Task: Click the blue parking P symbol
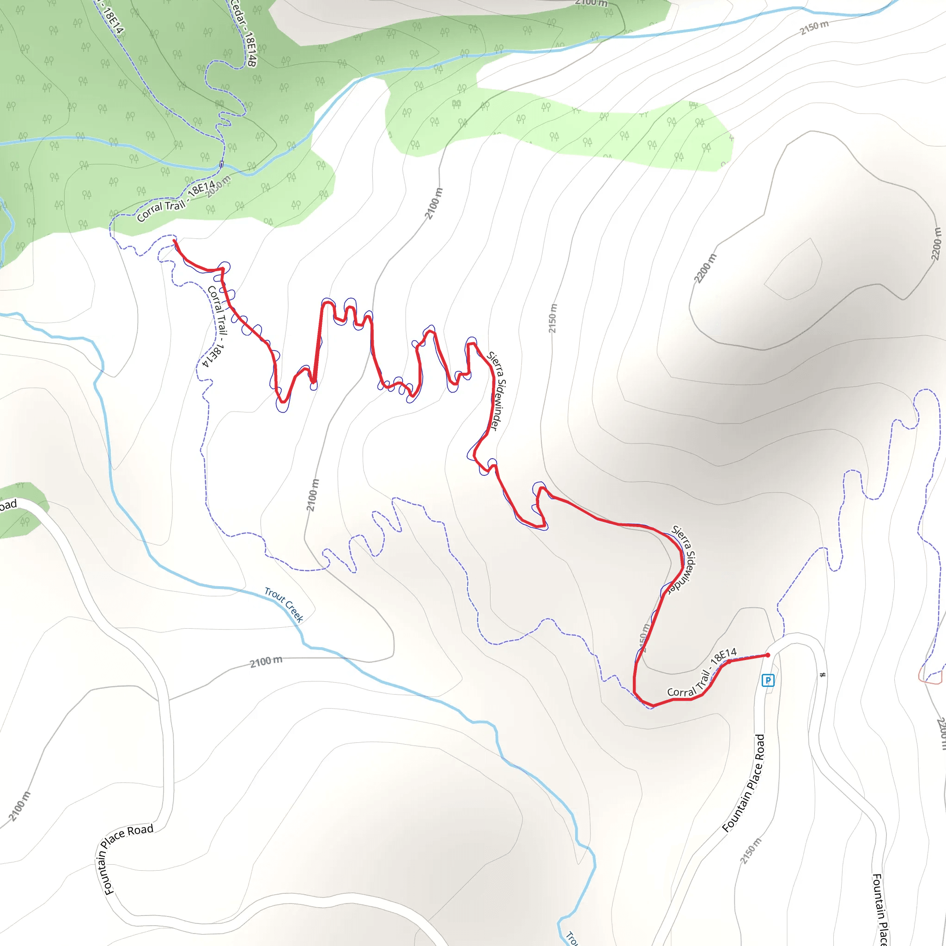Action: point(768,680)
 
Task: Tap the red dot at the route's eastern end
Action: point(768,655)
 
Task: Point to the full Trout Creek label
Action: point(284,605)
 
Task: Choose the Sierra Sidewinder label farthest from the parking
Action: point(497,391)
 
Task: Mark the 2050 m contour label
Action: point(218,187)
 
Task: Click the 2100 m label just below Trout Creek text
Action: point(266,662)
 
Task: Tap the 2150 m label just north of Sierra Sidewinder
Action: point(552,318)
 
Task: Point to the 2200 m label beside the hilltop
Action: point(705,268)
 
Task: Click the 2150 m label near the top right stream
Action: point(814,27)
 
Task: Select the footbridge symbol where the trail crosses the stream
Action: point(221,164)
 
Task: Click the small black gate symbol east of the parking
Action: point(823,675)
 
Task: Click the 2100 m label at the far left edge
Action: point(19,806)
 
